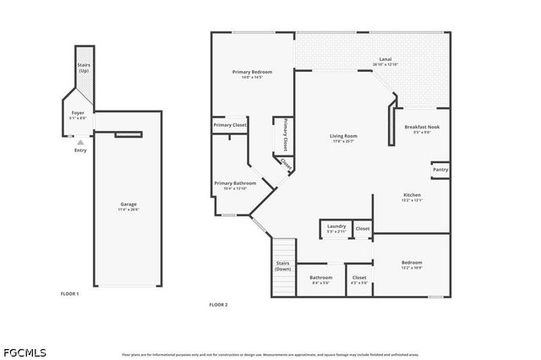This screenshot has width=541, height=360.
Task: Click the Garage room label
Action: (128, 205)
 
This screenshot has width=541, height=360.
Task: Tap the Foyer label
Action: (77, 114)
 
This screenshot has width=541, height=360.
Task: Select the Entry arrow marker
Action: (81, 143)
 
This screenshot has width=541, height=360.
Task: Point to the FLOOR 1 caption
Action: (69, 293)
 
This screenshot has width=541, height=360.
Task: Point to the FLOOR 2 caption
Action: (218, 304)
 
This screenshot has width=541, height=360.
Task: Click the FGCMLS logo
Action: (25, 352)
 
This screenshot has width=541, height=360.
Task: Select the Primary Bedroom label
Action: (252, 74)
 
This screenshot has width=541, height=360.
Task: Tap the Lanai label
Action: (385, 62)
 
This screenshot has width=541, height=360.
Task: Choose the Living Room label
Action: (343, 138)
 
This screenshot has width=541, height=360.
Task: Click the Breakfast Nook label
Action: (422, 128)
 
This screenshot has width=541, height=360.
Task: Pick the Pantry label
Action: (440, 169)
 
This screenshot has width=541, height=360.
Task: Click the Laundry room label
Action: (336, 227)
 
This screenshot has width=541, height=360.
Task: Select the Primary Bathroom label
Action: (235, 185)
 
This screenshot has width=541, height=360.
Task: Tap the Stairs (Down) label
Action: (283, 265)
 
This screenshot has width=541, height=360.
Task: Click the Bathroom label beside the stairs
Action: (321, 279)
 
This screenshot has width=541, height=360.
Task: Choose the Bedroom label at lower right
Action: (412, 265)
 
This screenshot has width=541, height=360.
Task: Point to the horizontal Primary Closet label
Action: (230, 125)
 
